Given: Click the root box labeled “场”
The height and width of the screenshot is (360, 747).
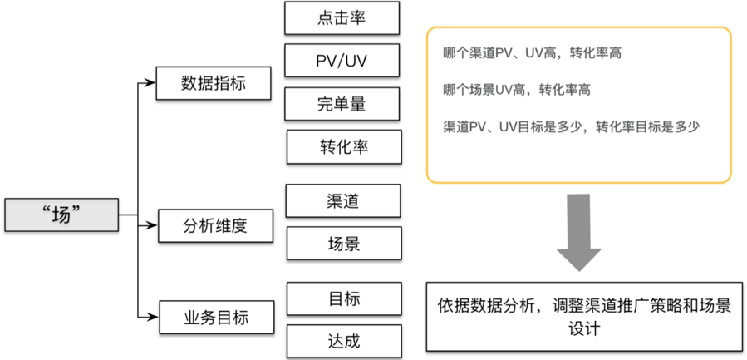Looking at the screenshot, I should (61, 215).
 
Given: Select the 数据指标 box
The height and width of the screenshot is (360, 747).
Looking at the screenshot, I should (214, 83).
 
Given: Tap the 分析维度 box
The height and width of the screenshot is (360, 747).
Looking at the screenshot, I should (215, 225).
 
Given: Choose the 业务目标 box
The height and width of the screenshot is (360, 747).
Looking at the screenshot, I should (215, 317).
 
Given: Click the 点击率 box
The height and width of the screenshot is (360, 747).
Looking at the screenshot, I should (342, 17).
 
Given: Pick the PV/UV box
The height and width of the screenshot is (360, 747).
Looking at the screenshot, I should (342, 61).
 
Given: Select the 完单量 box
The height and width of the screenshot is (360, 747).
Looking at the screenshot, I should (342, 104).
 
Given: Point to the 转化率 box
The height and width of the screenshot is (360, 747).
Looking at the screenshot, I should (343, 146).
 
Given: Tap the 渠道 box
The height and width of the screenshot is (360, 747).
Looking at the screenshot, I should (343, 200).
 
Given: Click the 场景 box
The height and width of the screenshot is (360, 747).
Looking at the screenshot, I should (343, 244).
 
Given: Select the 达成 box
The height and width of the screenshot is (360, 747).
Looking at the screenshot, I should (344, 341).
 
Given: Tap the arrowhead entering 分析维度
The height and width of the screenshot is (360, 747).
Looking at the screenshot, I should (150, 224).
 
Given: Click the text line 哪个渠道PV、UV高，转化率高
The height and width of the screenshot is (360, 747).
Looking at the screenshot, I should (533, 53).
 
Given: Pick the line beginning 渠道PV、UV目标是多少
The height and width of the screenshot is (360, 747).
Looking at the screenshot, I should (573, 126).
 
